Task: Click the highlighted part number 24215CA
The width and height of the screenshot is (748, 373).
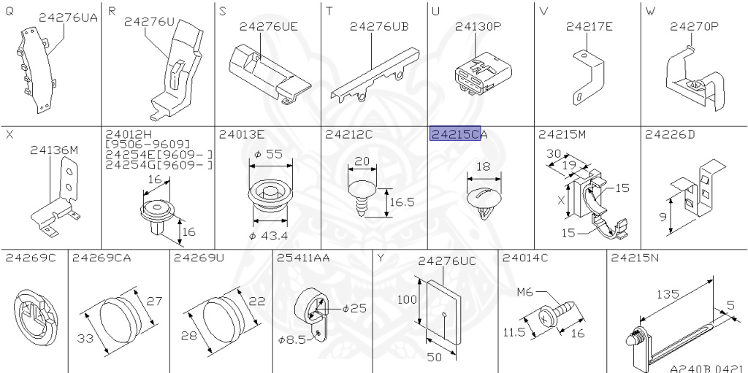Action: point(459,134)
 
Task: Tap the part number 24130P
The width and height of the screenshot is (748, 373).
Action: point(478,26)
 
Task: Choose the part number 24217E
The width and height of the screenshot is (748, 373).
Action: point(589,26)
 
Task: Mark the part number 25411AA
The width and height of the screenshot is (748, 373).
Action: point(303,257)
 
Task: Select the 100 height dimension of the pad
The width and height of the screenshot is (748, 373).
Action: point(407,299)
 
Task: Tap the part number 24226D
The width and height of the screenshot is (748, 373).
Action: point(669,134)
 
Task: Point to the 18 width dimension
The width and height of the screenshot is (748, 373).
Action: point(484,167)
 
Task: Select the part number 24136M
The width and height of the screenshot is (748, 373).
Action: point(53,150)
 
